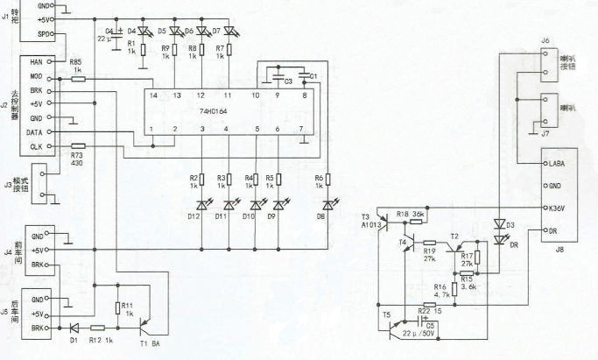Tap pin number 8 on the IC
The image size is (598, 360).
point(304,95)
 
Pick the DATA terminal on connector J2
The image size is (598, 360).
point(36,131)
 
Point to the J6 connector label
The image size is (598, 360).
point(544,40)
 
